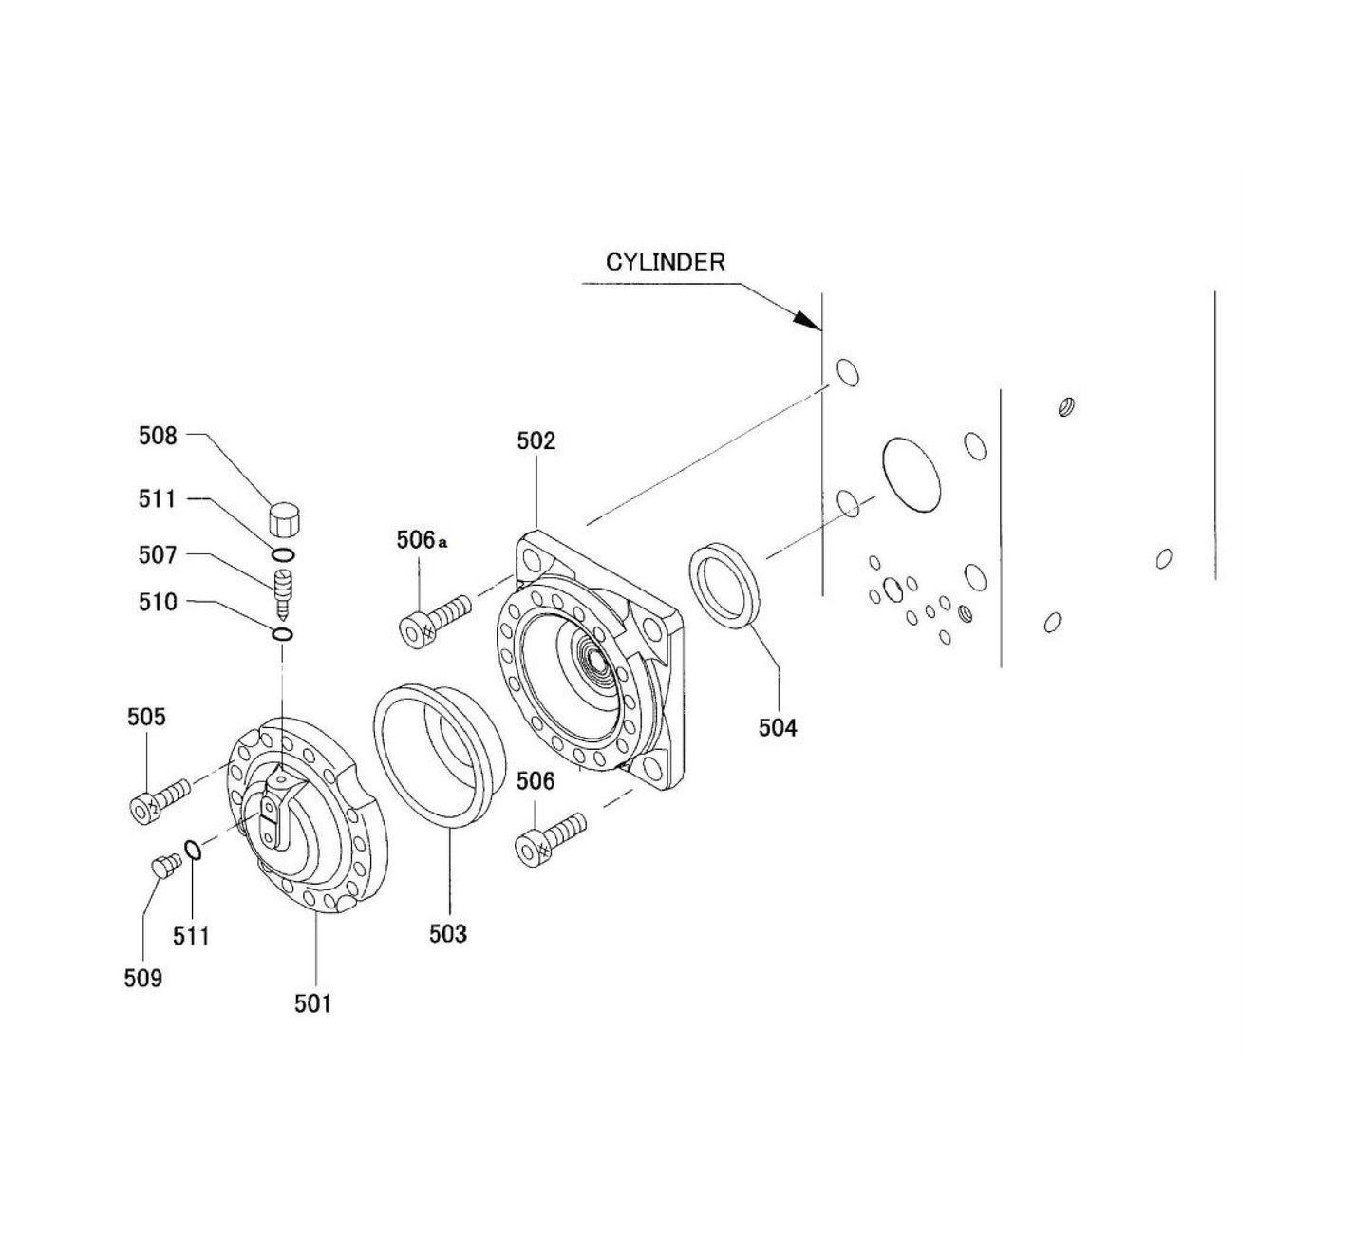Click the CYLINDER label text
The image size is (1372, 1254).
point(665,262)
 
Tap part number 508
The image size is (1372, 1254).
point(158,436)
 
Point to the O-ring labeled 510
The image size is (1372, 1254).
point(283,634)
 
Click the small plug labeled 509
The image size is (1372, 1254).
point(165,866)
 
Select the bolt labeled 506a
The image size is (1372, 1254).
point(432,619)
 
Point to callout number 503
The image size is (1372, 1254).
point(447,934)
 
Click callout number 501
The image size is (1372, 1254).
point(312,1002)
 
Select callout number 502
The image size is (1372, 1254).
point(536,440)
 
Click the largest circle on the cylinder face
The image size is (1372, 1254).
point(912,475)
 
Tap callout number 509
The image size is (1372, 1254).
point(142,978)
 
